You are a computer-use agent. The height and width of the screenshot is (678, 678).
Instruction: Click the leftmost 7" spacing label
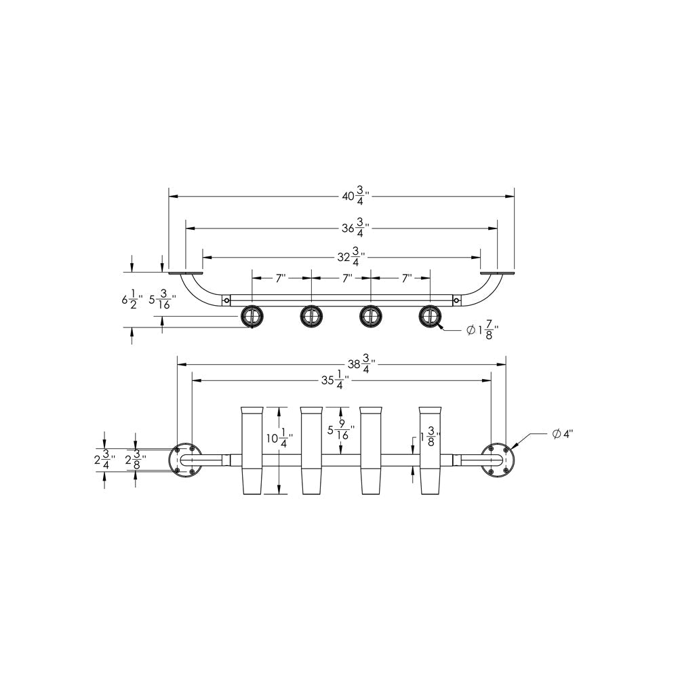click(281, 278)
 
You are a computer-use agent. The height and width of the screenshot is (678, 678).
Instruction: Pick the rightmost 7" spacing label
click(407, 278)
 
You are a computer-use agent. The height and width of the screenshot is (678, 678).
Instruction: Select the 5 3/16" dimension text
click(162, 299)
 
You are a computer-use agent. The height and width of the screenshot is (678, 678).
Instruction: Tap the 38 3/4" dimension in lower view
click(361, 363)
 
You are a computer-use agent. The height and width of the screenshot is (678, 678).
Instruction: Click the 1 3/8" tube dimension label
click(429, 439)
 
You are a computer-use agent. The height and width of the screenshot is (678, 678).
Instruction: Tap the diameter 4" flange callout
click(561, 434)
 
